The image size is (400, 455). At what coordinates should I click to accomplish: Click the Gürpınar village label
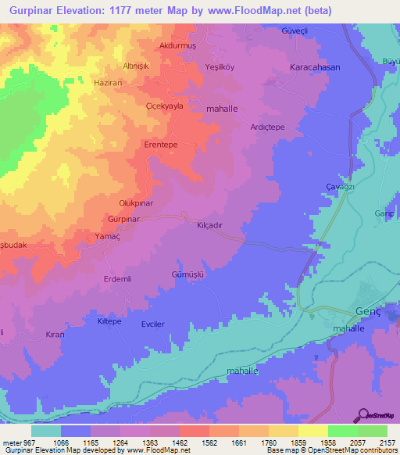[x=123, y=220]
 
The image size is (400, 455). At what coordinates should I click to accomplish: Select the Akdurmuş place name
[x=177, y=46]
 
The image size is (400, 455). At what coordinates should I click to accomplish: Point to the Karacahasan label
[x=316, y=68]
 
